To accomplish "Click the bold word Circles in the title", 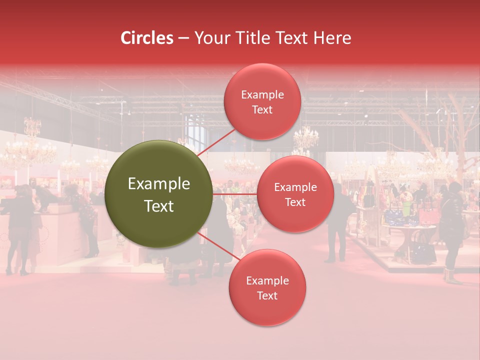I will pos(146,38).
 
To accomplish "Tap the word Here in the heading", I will pos(332,38).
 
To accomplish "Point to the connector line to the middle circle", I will pos(235,193).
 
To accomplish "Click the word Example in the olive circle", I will pos(159,184).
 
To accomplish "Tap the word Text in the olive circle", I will pos(159,206).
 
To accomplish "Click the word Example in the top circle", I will pos(262,95).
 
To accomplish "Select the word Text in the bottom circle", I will pos(267,295).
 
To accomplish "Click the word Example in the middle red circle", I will pos(295,187).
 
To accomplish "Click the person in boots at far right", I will pos(452,230).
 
